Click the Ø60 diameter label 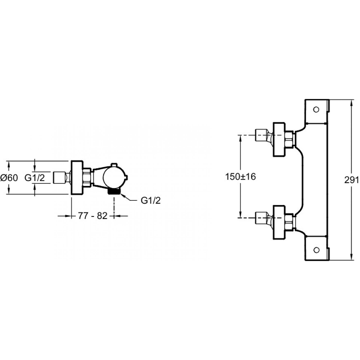coord(9,178)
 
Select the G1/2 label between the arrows coord(35,178)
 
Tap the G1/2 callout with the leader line coord(150,200)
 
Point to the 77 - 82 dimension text coord(93,216)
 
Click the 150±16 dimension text coord(240,176)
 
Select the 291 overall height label coord(352,180)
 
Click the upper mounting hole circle coord(316,110)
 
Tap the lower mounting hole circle coord(316,250)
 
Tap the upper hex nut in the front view coord(289,139)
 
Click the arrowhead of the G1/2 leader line coord(122,195)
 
